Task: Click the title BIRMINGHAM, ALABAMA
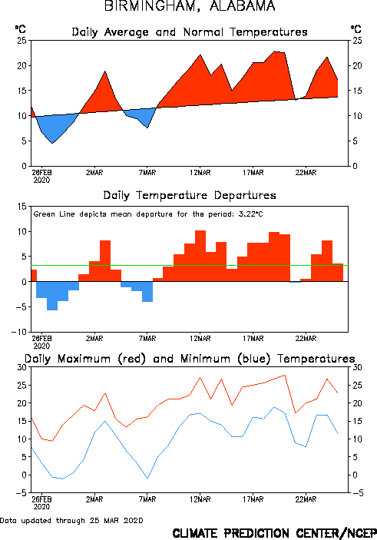click(190, 6)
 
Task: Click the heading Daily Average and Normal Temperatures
click(190, 32)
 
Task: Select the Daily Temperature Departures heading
click(190, 196)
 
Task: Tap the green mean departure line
click(190, 265)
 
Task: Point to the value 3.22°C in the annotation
click(250, 214)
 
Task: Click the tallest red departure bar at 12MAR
click(200, 256)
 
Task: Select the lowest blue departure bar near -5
click(52, 296)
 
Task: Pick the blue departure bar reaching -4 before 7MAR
click(147, 292)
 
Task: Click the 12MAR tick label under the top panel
click(200, 173)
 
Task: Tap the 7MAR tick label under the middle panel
click(147, 339)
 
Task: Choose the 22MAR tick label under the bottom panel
click(306, 499)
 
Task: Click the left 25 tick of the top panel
click(21, 41)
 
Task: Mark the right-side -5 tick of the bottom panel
click(358, 493)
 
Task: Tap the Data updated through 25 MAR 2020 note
click(71, 520)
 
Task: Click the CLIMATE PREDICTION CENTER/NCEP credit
click(274, 533)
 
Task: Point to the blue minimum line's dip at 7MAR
click(147, 479)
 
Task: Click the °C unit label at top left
click(20, 29)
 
